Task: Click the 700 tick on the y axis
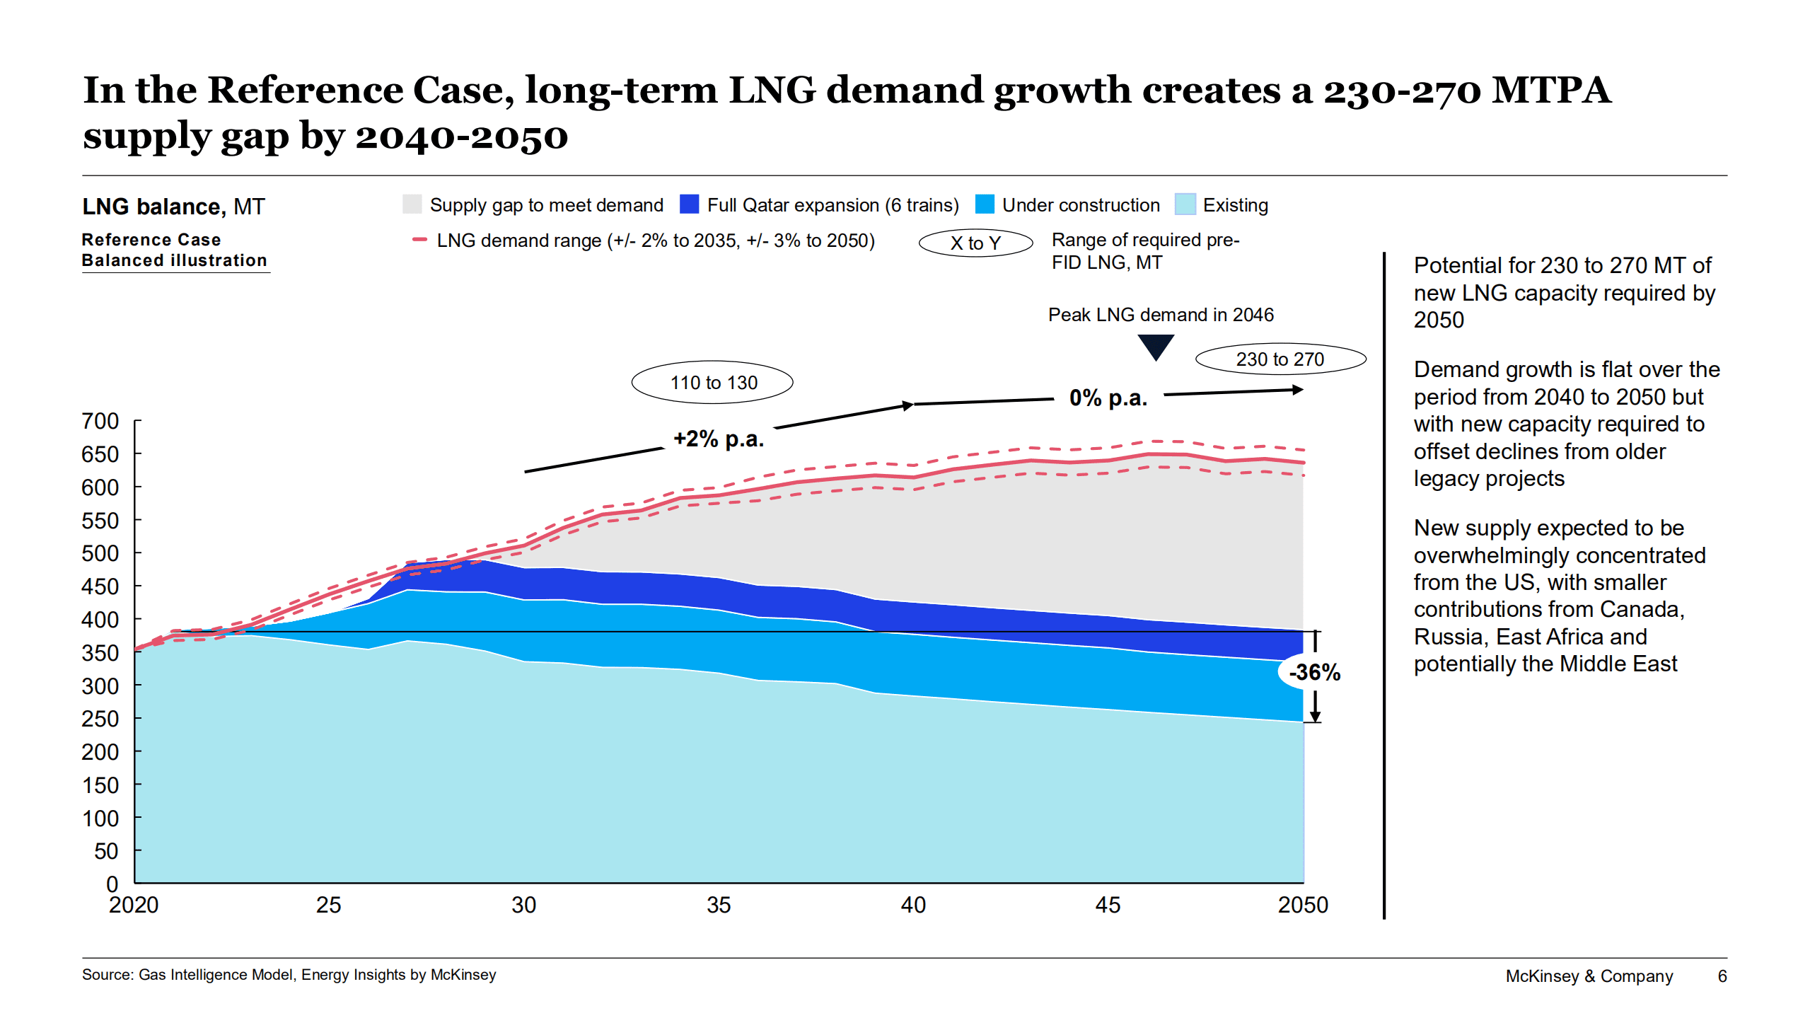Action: click(100, 421)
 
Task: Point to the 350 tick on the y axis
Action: click(100, 652)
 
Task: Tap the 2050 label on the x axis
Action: click(1302, 905)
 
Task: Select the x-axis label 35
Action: click(718, 905)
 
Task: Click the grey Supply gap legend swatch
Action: click(412, 204)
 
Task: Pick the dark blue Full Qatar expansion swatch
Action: click(688, 204)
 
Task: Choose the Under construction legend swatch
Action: click(984, 204)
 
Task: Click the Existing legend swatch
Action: click(1185, 204)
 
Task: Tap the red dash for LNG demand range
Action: click(419, 241)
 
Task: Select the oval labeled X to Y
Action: click(975, 243)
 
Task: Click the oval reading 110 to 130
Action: click(712, 383)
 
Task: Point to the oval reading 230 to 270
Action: click(1280, 359)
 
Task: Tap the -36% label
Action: click(1313, 672)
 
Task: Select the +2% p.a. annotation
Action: click(718, 439)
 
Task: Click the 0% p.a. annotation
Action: click(1108, 398)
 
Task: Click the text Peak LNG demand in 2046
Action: click(1160, 315)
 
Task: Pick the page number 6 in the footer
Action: click(1722, 976)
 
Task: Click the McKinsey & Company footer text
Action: click(1589, 976)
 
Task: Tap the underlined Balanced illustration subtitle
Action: click(174, 260)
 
